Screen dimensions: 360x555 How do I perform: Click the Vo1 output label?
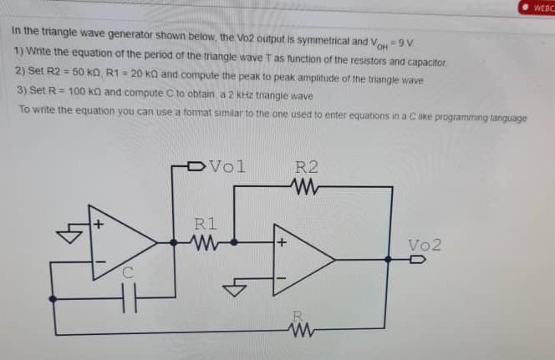pos(227,165)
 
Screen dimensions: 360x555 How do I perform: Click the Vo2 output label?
pos(425,245)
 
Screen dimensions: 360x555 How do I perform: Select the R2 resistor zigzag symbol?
pos(306,185)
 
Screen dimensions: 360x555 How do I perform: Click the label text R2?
pos(306,166)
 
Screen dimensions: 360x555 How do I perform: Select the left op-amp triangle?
pos(121,242)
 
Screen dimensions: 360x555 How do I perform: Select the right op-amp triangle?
pos(301,259)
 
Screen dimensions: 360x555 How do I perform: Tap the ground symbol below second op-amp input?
pos(237,290)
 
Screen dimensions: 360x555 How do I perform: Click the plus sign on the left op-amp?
pos(98,224)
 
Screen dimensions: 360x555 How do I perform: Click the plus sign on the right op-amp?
pos(282,243)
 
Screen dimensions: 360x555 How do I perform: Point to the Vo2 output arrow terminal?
pos(417,259)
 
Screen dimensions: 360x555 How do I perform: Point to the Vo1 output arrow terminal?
pos(197,165)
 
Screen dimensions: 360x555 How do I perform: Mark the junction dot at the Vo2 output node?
pos(387,259)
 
